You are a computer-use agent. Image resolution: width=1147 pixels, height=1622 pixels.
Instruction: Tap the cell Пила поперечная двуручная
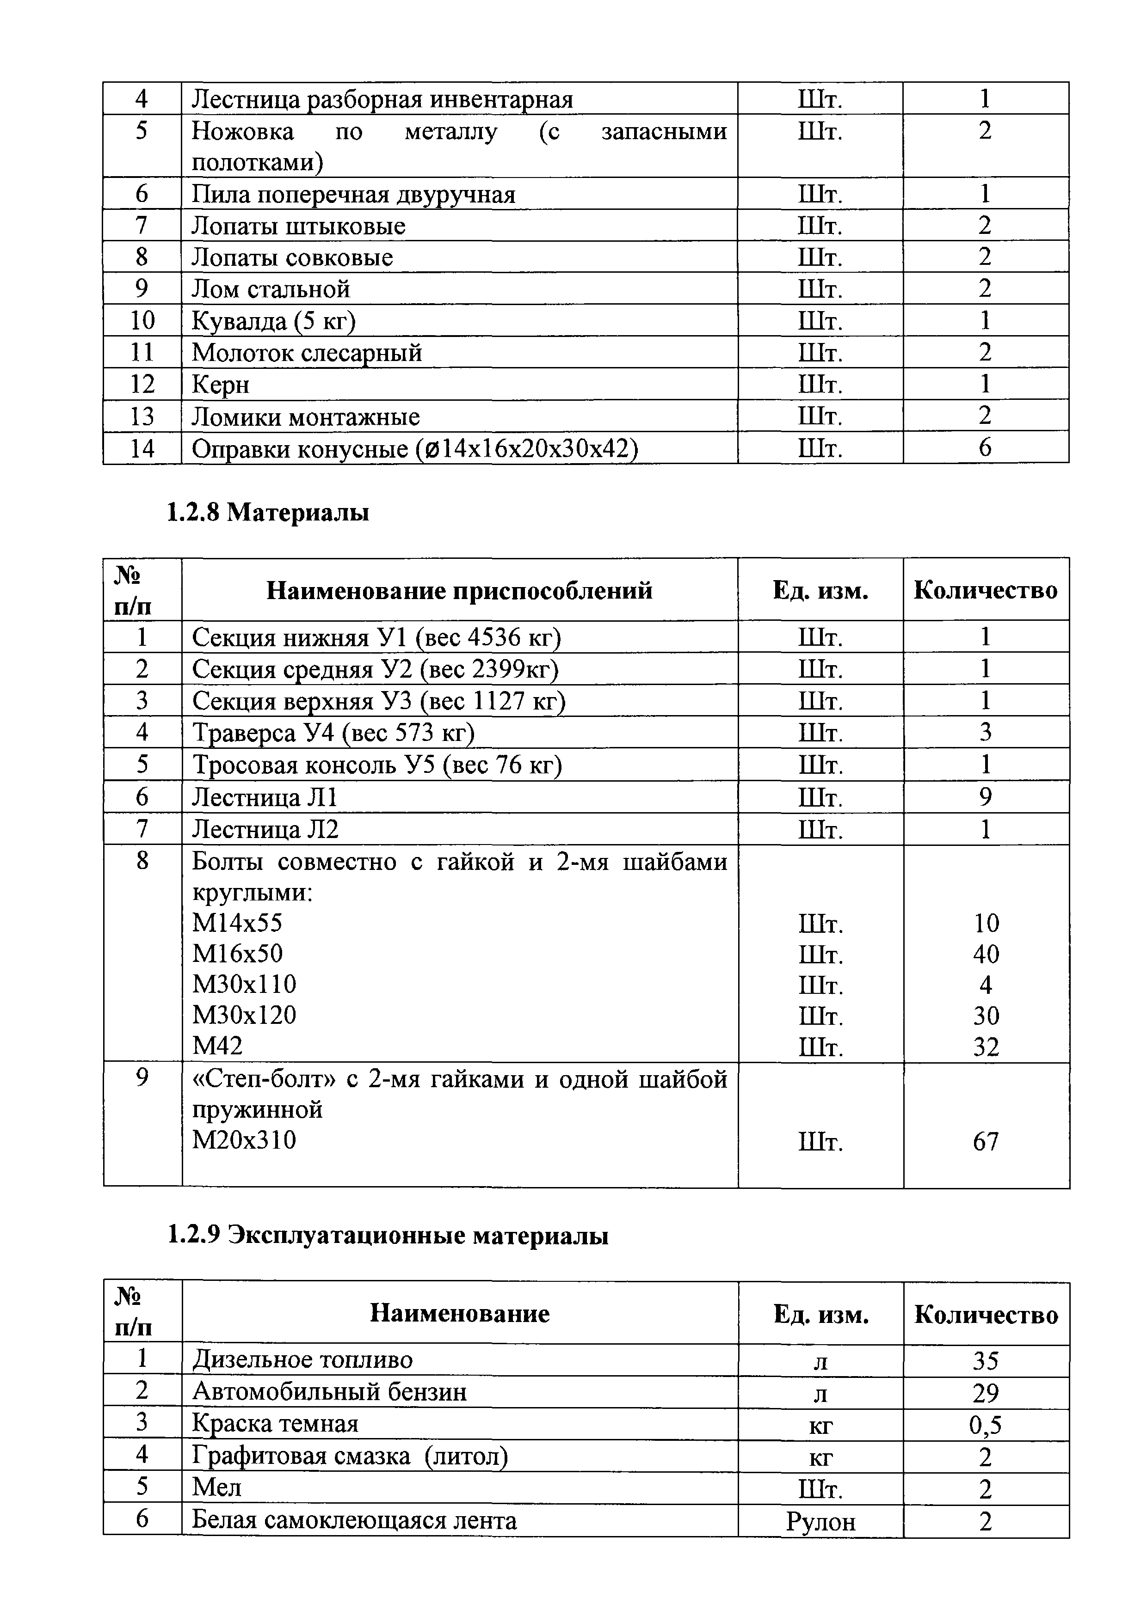tap(353, 194)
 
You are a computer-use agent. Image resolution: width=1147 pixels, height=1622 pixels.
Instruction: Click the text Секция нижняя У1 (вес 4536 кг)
tap(376, 637)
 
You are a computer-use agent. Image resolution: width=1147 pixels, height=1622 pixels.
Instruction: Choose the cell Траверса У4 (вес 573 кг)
tap(333, 733)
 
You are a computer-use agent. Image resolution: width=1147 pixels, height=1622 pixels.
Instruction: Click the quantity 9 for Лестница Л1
tap(985, 797)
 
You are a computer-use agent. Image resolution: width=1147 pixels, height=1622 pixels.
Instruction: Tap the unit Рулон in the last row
tap(820, 1520)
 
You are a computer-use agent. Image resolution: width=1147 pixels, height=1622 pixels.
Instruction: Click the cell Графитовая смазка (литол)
tap(350, 1456)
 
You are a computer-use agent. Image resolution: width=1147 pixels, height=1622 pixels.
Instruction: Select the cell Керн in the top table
tap(221, 384)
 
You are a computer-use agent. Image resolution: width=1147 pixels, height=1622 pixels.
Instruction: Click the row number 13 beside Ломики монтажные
tap(142, 416)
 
